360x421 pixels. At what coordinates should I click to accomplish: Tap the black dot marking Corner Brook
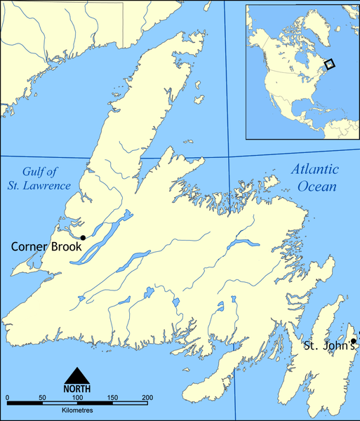pyautogui.click(x=83, y=238)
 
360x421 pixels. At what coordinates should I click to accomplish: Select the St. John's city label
pyautogui.click(x=328, y=346)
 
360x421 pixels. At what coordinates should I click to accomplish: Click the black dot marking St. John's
pyautogui.click(x=354, y=341)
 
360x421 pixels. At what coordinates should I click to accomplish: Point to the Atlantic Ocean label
pyautogui.click(x=315, y=178)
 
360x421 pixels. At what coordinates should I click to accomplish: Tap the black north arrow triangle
pyautogui.click(x=76, y=375)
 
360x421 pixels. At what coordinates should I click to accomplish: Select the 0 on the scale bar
pyautogui.click(x=7, y=399)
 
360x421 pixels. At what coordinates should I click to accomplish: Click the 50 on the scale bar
pyautogui.click(x=41, y=399)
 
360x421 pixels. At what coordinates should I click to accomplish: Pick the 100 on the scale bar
pyautogui.click(x=76, y=399)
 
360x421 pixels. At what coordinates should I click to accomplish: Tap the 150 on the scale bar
pyautogui.click(x=112, y=399)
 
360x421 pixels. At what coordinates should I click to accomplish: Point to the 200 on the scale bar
pyautogui.click(x=147, y=399)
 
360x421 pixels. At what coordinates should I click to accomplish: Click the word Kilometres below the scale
pyautogui.click(x=76, y=411)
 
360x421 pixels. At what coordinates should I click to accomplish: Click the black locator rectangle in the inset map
pyautogui.click(x=331, y=63)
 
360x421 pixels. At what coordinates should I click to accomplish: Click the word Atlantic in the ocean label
pyautogui.click(x=315, y=170)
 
